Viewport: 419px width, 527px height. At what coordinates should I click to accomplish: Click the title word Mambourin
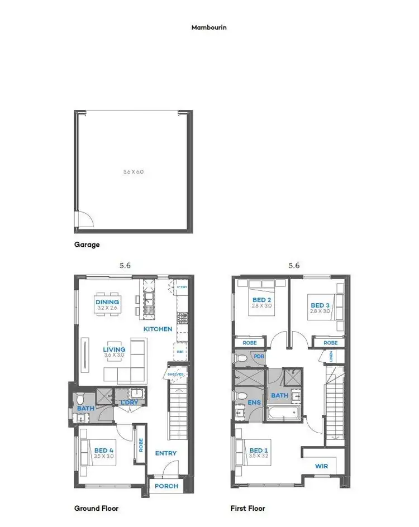(209, 27)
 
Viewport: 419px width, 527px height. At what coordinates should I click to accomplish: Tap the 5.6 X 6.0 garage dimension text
(134, 172)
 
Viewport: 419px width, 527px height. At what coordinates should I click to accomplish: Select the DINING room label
(107, 302)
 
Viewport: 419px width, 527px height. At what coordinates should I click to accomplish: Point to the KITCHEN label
(158, 329)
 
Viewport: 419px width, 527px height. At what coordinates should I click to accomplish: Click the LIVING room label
(115, 350)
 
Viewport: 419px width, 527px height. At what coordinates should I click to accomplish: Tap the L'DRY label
(129, 402)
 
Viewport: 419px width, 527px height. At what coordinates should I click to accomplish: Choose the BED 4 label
(104, 450)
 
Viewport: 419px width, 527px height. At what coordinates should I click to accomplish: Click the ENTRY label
(166, 453)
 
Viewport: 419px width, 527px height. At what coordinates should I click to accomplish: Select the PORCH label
(166, 486)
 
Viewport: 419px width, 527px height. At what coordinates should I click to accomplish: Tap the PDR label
(259, 356)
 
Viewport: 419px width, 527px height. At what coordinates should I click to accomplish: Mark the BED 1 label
(259, 450)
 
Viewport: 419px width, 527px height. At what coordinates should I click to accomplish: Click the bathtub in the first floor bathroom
(284, 414)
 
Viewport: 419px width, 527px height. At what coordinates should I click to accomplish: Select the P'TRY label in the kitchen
(181, 286)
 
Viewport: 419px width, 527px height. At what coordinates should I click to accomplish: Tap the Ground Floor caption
(96, 508)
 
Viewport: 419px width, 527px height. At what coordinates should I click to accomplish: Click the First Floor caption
(247, 508)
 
